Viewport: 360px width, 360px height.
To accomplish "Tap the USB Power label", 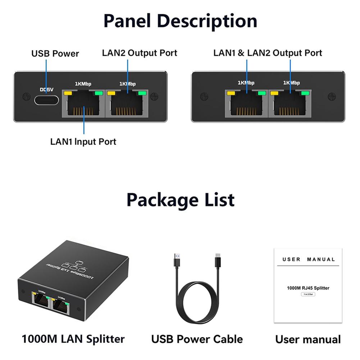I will click(55, 54).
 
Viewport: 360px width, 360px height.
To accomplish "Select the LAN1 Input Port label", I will click(83, 141).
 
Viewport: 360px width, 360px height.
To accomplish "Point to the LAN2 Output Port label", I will click(140, 53).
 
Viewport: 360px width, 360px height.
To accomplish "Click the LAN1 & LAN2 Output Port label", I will click(268, 53).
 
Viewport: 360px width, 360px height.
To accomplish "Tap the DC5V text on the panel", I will click(46, 90).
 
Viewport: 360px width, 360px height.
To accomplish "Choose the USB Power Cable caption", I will click(197, 339).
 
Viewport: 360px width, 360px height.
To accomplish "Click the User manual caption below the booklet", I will click(308, 339).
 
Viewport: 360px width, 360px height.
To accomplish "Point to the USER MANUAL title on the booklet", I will click(309, 259).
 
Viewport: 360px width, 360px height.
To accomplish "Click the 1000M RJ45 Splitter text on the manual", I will click(308, 288).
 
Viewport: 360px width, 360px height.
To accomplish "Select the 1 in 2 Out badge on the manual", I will click(308, 294).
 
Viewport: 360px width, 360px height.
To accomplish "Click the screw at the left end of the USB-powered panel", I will click(26, 96).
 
